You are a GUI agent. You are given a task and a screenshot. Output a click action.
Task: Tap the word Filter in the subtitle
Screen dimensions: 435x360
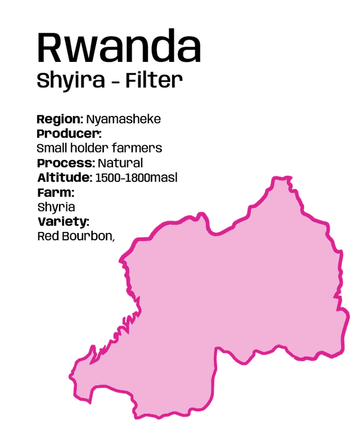(154, 80)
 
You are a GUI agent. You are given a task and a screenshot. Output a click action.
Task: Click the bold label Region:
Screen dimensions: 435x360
(60, 119)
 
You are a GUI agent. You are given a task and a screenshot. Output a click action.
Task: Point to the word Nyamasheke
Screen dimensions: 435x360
(123, 119)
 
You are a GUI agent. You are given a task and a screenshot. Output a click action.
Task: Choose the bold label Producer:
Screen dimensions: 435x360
(69, 134)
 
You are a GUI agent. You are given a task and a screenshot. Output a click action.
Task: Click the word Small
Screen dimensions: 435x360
(51, 149)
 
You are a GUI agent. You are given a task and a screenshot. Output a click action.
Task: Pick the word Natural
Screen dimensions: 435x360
(120, 163)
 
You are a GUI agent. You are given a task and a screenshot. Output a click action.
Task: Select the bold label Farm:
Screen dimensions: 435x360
(56, 192)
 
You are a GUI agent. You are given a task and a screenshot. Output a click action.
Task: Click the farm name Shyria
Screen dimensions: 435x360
(56, 207)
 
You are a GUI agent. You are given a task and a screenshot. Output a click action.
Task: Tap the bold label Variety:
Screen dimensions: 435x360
(63, 222)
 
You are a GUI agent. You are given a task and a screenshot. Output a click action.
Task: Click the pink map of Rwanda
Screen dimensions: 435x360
(236, 293)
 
